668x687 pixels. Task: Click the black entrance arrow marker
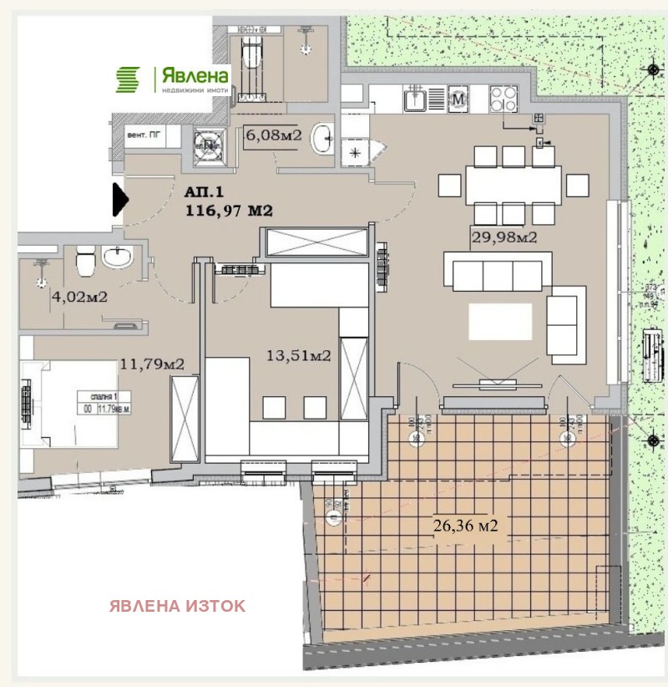click(x=119, y=201)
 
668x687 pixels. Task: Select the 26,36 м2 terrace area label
click(x=465, y=526)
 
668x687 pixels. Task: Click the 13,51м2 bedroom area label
click(x=296, y=356)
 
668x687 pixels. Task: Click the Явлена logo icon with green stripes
click(x=129, y=79)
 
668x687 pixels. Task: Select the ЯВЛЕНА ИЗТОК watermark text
click(x=177, y=606)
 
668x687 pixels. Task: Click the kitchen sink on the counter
click(x=416, y=100)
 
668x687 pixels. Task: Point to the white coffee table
click(x=500, y=321)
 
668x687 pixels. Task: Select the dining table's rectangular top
click(x=512, y=184)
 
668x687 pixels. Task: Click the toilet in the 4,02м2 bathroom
click(x=83, y=265)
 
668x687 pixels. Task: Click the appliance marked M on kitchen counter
click(x=458, y=99)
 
